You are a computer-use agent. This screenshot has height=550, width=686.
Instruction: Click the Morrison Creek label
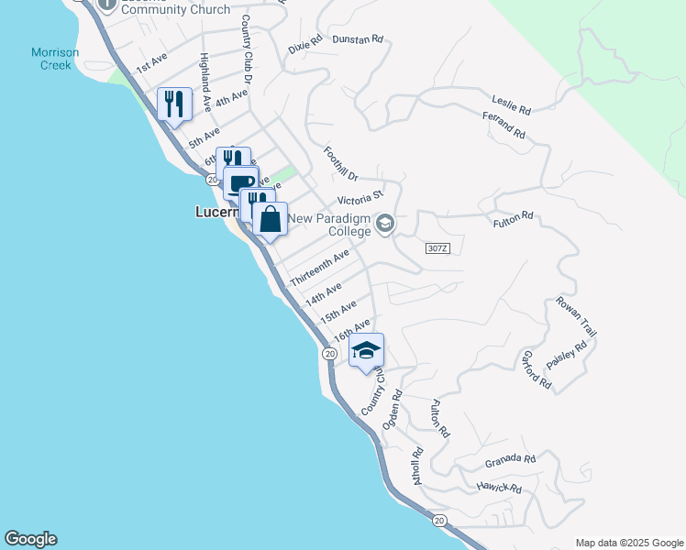point(55,59)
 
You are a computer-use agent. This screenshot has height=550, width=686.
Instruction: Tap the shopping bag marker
point(270,220)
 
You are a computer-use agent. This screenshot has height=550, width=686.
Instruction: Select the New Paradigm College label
point(330,225)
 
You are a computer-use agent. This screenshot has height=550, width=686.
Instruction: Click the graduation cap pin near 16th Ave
point(366,351)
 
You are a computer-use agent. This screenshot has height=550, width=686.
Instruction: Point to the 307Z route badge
point(437,248)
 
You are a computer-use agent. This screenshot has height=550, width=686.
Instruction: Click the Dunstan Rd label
point(357,39)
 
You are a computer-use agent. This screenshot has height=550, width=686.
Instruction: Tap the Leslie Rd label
point(512,104)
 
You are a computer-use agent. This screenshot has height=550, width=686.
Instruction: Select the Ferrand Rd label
point(504,126)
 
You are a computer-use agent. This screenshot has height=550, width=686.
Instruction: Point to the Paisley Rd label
point(568,355)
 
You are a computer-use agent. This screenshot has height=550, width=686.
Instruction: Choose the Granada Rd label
point(511,458)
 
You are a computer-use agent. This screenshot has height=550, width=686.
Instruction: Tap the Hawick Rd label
point(499,488)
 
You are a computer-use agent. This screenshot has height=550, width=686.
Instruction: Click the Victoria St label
point(359,198)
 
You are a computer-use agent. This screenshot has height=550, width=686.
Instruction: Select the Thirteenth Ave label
point(319,267)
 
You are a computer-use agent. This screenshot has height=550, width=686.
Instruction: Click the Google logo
point(30,539)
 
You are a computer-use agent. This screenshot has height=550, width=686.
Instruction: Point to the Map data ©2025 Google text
point(628,543)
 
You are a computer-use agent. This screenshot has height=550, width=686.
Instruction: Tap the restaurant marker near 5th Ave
point(174,103)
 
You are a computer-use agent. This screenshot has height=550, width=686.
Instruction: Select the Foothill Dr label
point(339,162)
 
